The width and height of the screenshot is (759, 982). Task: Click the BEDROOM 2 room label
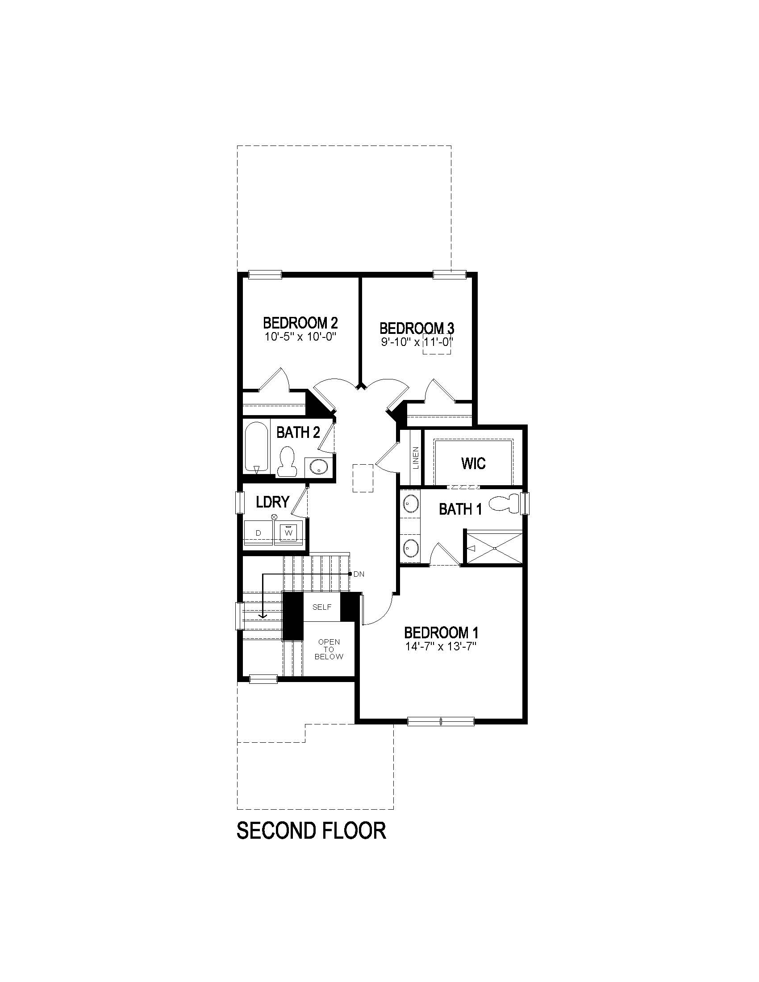[x=300, y=323]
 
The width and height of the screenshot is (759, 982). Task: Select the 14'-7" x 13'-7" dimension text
[x=441, y=647]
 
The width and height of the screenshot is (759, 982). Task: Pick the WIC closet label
[x=473, y=463]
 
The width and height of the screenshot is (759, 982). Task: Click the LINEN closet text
[x=416, y=457]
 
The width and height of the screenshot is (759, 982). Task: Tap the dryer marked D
[x=259, y=533]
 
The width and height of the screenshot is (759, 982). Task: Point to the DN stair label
[x=359, y=574]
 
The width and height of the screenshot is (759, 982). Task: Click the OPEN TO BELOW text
[x=329, y=649]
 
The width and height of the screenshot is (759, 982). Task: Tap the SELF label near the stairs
[x=321, y=607]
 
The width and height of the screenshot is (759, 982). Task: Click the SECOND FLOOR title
[x=311, y=830]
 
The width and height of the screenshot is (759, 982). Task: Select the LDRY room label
[x=272, y=502]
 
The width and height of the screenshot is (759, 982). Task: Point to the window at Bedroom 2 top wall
[x=265, y=274]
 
